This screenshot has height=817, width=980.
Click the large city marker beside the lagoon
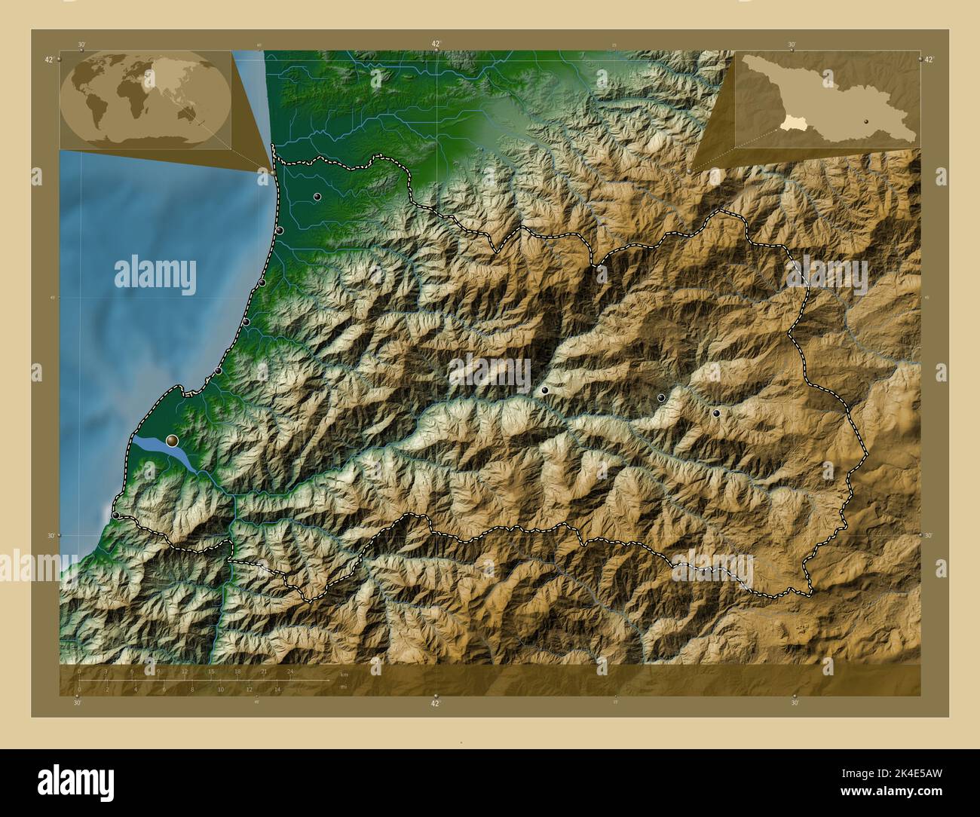[173, 439]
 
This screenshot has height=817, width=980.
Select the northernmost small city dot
[317, 197]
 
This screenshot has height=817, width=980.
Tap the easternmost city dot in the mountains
[716, 413]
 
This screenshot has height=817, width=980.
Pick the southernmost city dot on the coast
[117, 515]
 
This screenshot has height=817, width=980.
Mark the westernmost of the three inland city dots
[544, 390]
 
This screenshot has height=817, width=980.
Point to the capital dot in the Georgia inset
[867, 121]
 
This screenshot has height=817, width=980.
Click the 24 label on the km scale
[289, 671]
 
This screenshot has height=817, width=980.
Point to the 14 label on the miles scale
[277, 689]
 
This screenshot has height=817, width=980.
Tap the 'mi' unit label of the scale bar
[343, 687]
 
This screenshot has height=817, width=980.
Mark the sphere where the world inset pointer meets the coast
[272, 172]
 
